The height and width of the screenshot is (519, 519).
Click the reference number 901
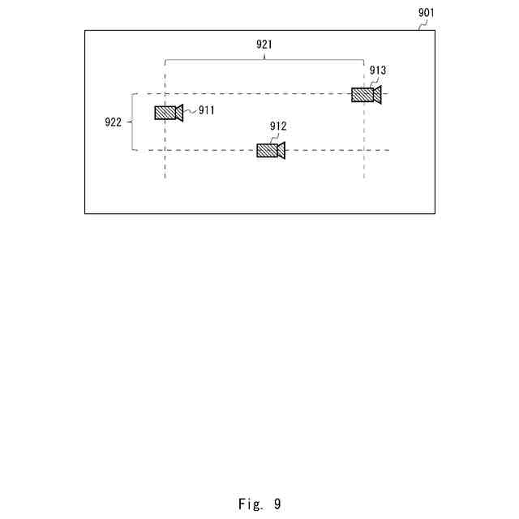click(x=426, y=12)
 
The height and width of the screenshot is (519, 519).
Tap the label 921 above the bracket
click(x=264, y=45)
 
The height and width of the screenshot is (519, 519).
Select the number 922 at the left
click(x=114, y=122)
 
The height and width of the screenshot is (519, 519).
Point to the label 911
click(x=207, y=110)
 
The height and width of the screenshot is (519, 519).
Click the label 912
click(x=278, y=127)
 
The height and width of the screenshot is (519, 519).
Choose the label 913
click(x=378, y=71)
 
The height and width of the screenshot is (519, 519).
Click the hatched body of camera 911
click(x=165, y=113)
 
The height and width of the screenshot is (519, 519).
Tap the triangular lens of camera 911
click(x=179, y=113)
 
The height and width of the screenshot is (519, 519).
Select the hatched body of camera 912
click(x=267, y=150)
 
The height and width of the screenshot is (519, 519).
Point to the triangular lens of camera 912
click(x=281, y=150)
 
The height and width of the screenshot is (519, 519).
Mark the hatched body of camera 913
click(x=362, y=95)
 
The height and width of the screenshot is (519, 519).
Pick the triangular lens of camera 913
click(x=377, y=95)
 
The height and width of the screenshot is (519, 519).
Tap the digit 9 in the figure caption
click(x=277, y=504)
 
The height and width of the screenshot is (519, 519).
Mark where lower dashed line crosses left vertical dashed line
click(x=165, y=150)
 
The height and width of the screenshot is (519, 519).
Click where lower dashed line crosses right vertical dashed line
click(x=363, y=150)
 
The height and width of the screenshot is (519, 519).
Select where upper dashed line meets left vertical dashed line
click(x=165, y=93)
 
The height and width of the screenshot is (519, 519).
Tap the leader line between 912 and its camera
click(x=276, y=138)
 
